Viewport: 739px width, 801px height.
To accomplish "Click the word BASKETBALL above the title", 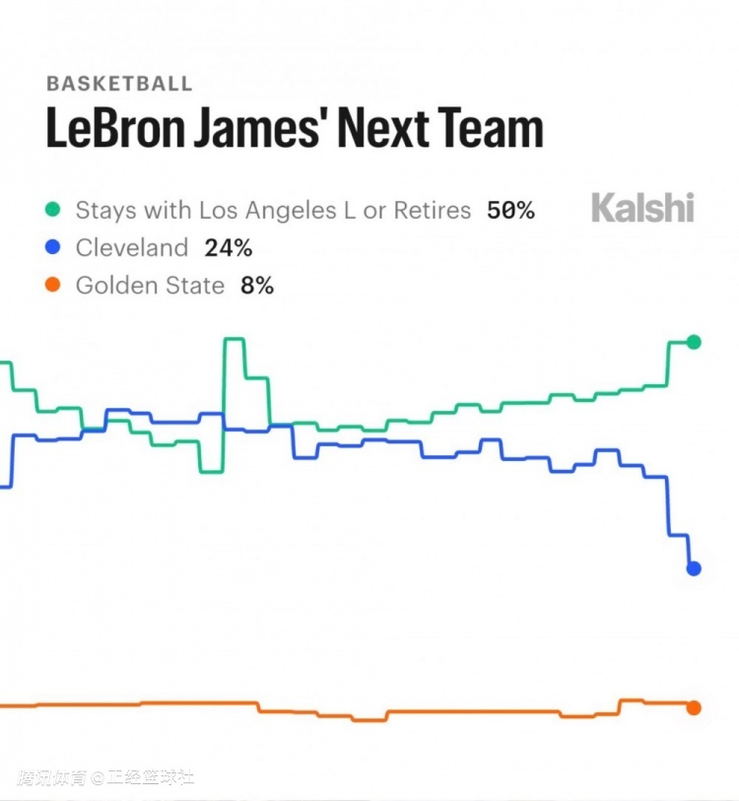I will [119, 84].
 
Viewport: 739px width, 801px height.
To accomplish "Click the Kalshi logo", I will [642, 208].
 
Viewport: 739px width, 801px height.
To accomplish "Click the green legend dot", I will [53, 210].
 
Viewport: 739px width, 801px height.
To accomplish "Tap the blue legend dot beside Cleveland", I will [53, 247].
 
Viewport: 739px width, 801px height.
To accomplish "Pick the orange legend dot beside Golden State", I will [53, 286].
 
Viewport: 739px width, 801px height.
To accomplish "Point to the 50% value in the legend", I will [510, 210].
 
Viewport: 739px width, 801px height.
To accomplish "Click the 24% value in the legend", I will [229, 247].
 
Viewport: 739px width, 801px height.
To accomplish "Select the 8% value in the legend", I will [257, 286].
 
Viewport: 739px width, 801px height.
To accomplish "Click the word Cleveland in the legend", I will [131, 247].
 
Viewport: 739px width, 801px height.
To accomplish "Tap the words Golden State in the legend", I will [151, 286].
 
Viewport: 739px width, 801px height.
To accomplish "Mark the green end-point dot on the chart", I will [694, 342].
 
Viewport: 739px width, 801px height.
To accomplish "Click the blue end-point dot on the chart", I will [694, 568].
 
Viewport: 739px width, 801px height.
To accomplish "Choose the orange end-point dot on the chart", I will [694, 707].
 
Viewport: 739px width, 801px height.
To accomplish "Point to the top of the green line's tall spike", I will [234, 340].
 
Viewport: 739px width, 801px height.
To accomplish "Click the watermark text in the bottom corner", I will [105, 777].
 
